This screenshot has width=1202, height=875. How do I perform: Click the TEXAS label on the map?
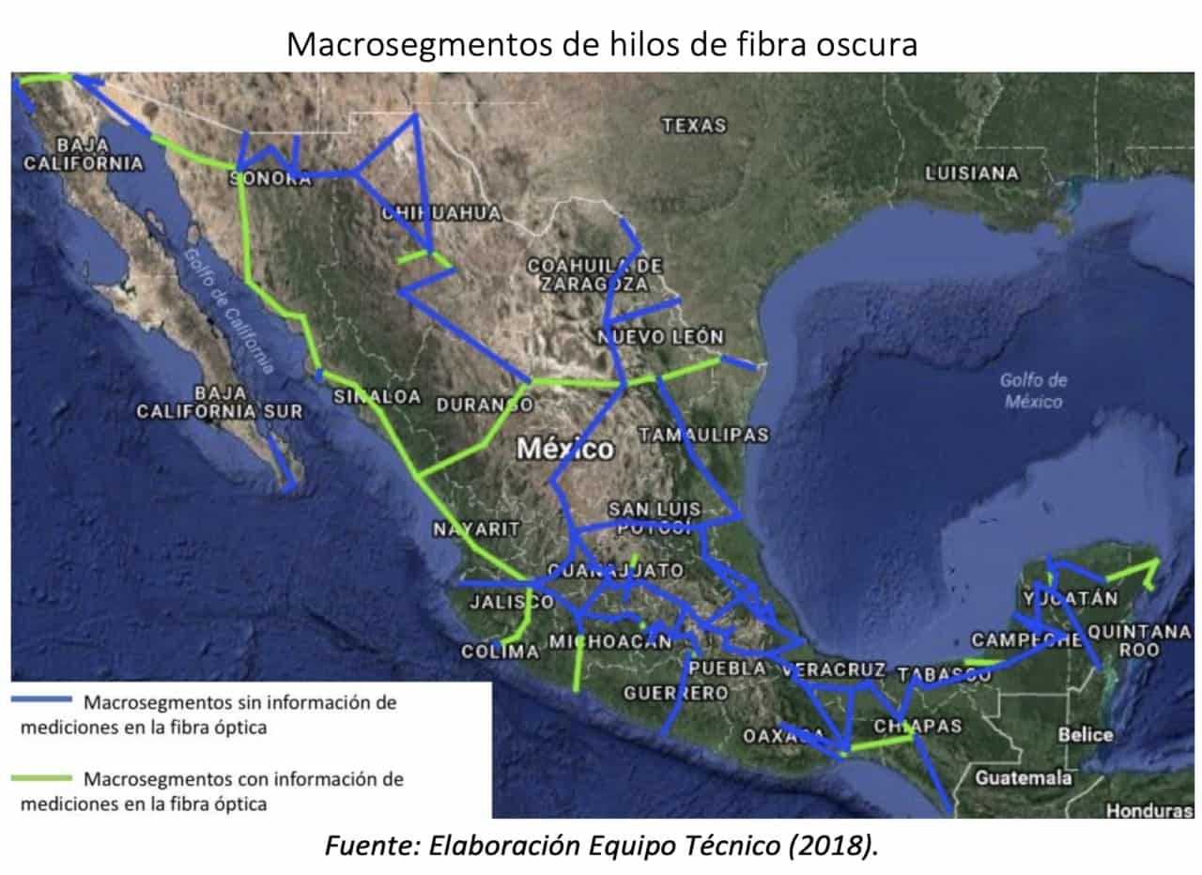(x=694, y=125)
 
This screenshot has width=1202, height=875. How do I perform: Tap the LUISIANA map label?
(x=971, y=173)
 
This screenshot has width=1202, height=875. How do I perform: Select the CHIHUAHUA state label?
(x=440, y=214)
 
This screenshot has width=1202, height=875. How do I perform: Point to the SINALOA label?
(x=378, y=396)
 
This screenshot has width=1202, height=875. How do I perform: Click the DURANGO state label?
(x=485, y=406)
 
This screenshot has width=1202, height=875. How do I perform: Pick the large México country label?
(x=565, y=449)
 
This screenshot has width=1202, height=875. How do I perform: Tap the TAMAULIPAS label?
(x=703, y=434)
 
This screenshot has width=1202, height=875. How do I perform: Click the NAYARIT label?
(x=476, y=530)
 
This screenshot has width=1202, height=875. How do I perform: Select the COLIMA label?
(x=501, y=651)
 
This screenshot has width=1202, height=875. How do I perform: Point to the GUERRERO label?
(x=676, y=693)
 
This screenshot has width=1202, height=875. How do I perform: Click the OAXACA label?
(x=783, y=736)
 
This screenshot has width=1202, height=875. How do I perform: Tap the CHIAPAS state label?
(x=917, y=726)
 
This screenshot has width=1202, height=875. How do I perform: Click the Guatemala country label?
(x=1024, y=777)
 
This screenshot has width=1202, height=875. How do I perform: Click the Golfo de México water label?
(x=1033, y=391)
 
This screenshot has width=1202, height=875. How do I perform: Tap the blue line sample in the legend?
(x=41, y=699)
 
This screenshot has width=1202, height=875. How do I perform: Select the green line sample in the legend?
(x=41, y=777)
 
